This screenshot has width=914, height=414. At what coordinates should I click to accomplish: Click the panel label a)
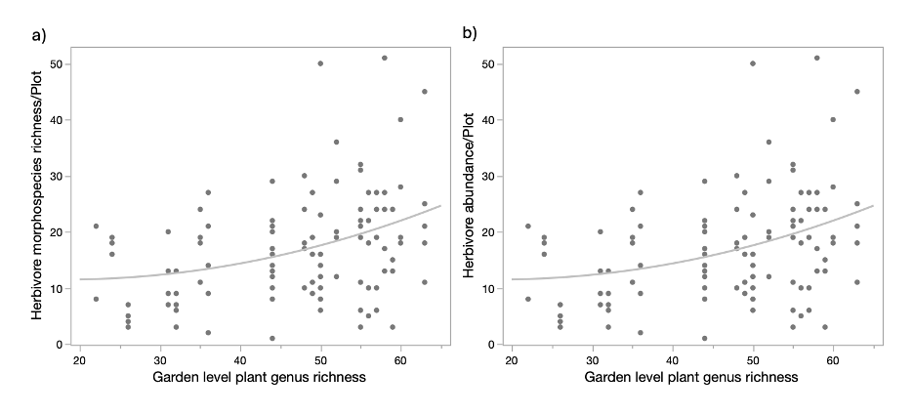click(x=39, y=36)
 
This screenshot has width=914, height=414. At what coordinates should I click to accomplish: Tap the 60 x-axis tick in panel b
click(x=833, y=359)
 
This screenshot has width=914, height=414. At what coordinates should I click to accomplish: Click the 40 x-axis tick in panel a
click(x=240, y=359)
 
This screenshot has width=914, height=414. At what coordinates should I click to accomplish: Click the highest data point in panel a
click(x=385, y=58)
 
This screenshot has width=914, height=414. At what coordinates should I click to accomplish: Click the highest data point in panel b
click(x=816, y=58)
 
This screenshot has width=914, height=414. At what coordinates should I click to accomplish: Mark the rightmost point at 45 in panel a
click(x=425, y=92)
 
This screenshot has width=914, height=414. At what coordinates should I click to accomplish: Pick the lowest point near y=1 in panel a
click(x=272, y=338)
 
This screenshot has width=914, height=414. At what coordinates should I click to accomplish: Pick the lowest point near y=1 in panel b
click(x=704, y=338)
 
